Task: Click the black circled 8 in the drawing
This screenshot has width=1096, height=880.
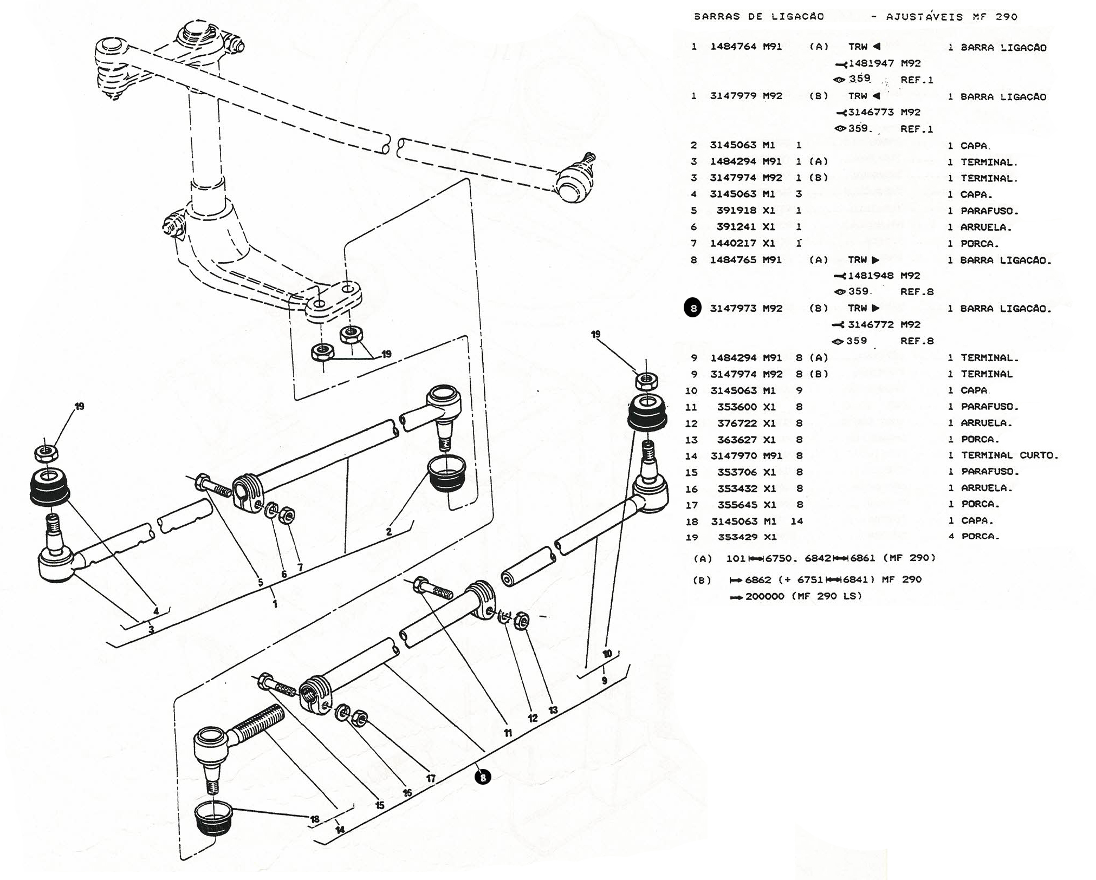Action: pos(482,777)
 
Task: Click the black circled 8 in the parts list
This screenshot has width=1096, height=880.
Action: pos(693,308)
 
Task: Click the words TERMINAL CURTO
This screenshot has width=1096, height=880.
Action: pos(1009,455)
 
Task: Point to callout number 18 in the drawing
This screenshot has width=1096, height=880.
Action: pos(315,819)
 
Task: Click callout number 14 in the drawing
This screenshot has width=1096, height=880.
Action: pos(340,830)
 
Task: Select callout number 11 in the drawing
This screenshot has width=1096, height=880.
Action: pos(508,733)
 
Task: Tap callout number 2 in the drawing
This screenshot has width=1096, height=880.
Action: pos(389,532)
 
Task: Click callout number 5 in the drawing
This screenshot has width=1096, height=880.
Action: pos(261,583)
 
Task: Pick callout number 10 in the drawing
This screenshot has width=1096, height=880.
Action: pos(607,654)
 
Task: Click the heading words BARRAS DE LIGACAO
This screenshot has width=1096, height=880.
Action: pos(759,17)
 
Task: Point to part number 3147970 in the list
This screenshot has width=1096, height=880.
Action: pos(733,455)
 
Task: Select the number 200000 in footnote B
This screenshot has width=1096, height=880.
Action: pos(765,596)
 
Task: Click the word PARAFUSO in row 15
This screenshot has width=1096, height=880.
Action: pos(990,472)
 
